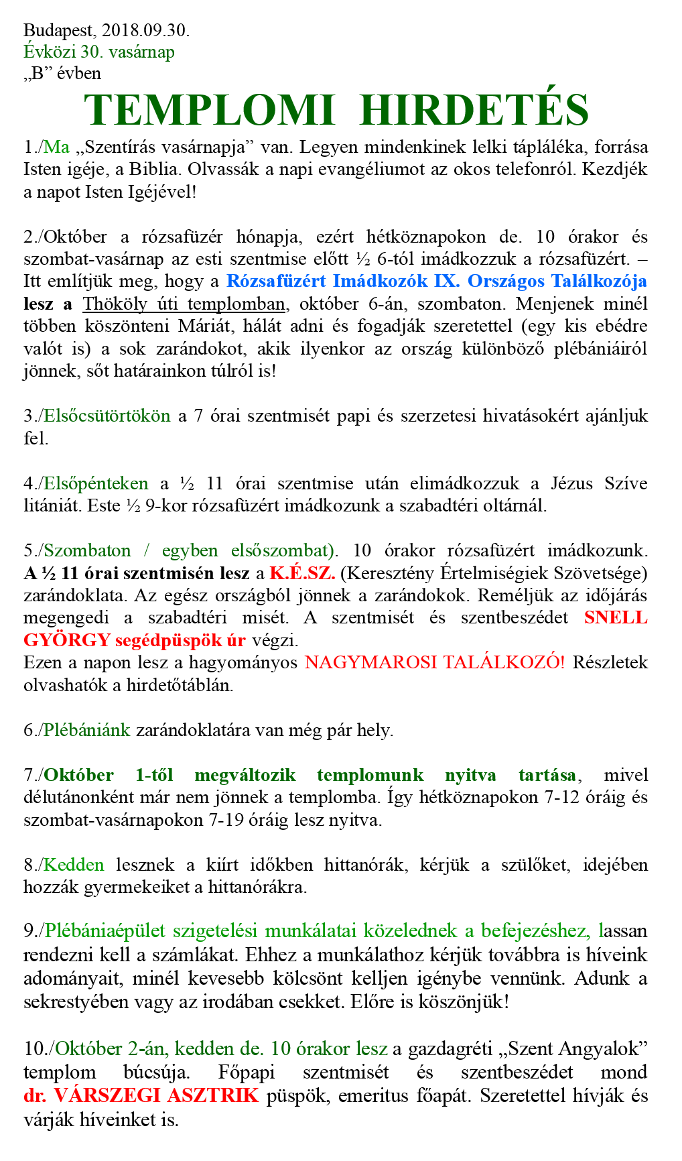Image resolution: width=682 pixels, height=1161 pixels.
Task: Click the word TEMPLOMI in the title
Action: coord(209,110)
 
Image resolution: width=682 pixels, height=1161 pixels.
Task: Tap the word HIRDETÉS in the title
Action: coord(474,110)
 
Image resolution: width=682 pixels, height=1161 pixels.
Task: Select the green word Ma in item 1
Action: coord(57,147)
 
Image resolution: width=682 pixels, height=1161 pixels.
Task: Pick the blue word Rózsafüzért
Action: coord(276,281)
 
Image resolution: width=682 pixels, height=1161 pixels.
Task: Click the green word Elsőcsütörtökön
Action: coord(107,416)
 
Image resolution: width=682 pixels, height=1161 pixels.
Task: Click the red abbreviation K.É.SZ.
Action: coord(302,573)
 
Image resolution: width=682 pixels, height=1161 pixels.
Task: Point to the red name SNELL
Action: coord(616,617)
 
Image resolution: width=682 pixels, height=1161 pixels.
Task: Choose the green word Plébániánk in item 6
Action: coord(86,730)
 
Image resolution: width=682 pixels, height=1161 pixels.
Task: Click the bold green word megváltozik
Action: coord(245,775)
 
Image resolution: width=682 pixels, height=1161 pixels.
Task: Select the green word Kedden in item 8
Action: coord(74,865)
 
